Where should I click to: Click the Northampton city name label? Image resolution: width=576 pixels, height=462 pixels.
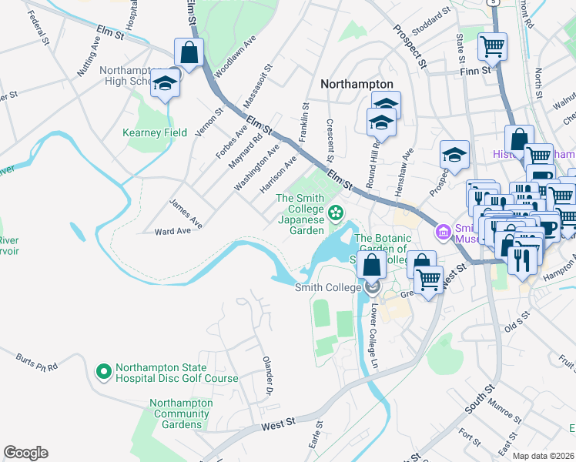pyautogui.click(x=357, y=84)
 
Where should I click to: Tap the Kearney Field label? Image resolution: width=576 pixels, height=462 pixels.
pyautogui.click(x=156, y=132)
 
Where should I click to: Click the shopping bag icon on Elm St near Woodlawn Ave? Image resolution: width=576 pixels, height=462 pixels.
pyautogui.click(x=189, y=52)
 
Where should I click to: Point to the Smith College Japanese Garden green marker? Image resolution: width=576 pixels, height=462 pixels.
pyautogui.click(x=336, y=212)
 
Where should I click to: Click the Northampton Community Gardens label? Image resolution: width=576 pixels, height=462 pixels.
pyautogui.click(x=180, y=413)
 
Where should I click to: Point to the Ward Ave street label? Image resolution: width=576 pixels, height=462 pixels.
pyautogui.click(x=172, y=230)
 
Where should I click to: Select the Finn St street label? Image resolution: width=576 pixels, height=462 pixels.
pyautogui.click(x=475, y=71)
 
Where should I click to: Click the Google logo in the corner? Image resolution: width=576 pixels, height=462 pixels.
pyautogui.click(x=25, y=453)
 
